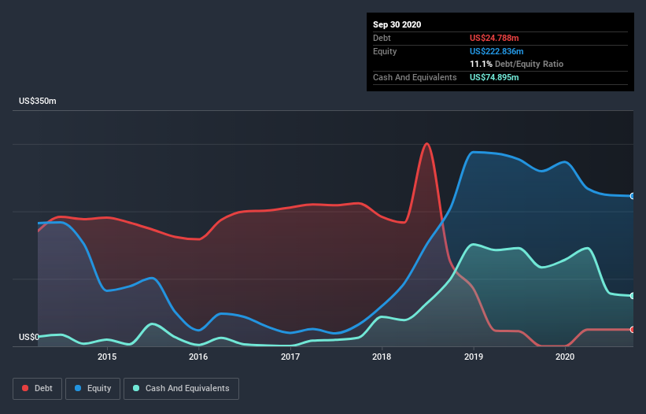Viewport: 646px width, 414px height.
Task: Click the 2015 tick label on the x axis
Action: (107, 357)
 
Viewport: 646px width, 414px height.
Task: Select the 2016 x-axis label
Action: (198, 357)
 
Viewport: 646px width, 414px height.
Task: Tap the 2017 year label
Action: (290, 357)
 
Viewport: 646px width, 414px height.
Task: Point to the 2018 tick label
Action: (382, 357)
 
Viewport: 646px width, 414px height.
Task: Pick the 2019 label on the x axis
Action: (474, 357)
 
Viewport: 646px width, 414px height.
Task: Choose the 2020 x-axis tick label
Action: (565, 357)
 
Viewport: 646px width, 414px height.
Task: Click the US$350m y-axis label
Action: (38, 102)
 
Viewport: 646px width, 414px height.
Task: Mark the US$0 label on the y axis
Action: (28, 338)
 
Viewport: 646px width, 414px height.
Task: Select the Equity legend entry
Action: (93, 388)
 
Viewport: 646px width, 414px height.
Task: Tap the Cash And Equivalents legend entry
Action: (181, 388)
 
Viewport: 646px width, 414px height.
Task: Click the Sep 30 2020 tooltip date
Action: (397, 24)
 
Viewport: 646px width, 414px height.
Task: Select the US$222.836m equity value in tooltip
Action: (496, 51)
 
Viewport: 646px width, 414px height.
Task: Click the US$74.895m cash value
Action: (494, 77)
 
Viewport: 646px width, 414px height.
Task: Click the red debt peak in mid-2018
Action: (426, 144)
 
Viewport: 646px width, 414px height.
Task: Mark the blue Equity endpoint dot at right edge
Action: (633, 196)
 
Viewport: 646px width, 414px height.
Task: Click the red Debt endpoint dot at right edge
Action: (633, 330)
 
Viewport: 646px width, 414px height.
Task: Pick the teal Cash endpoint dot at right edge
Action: (633, 296)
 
